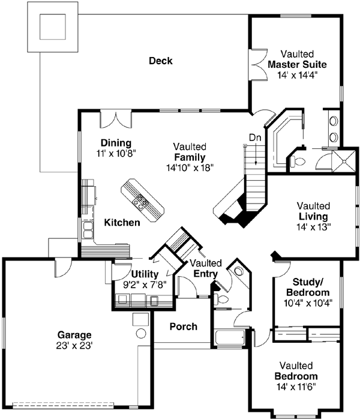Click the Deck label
click(160, 61)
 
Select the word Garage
click(74, 335)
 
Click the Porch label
click(183, 327)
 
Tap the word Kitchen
click(122, 223)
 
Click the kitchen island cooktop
click(140, 201)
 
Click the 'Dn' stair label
click(255, 136)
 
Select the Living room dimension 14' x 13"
click(312, 227)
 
